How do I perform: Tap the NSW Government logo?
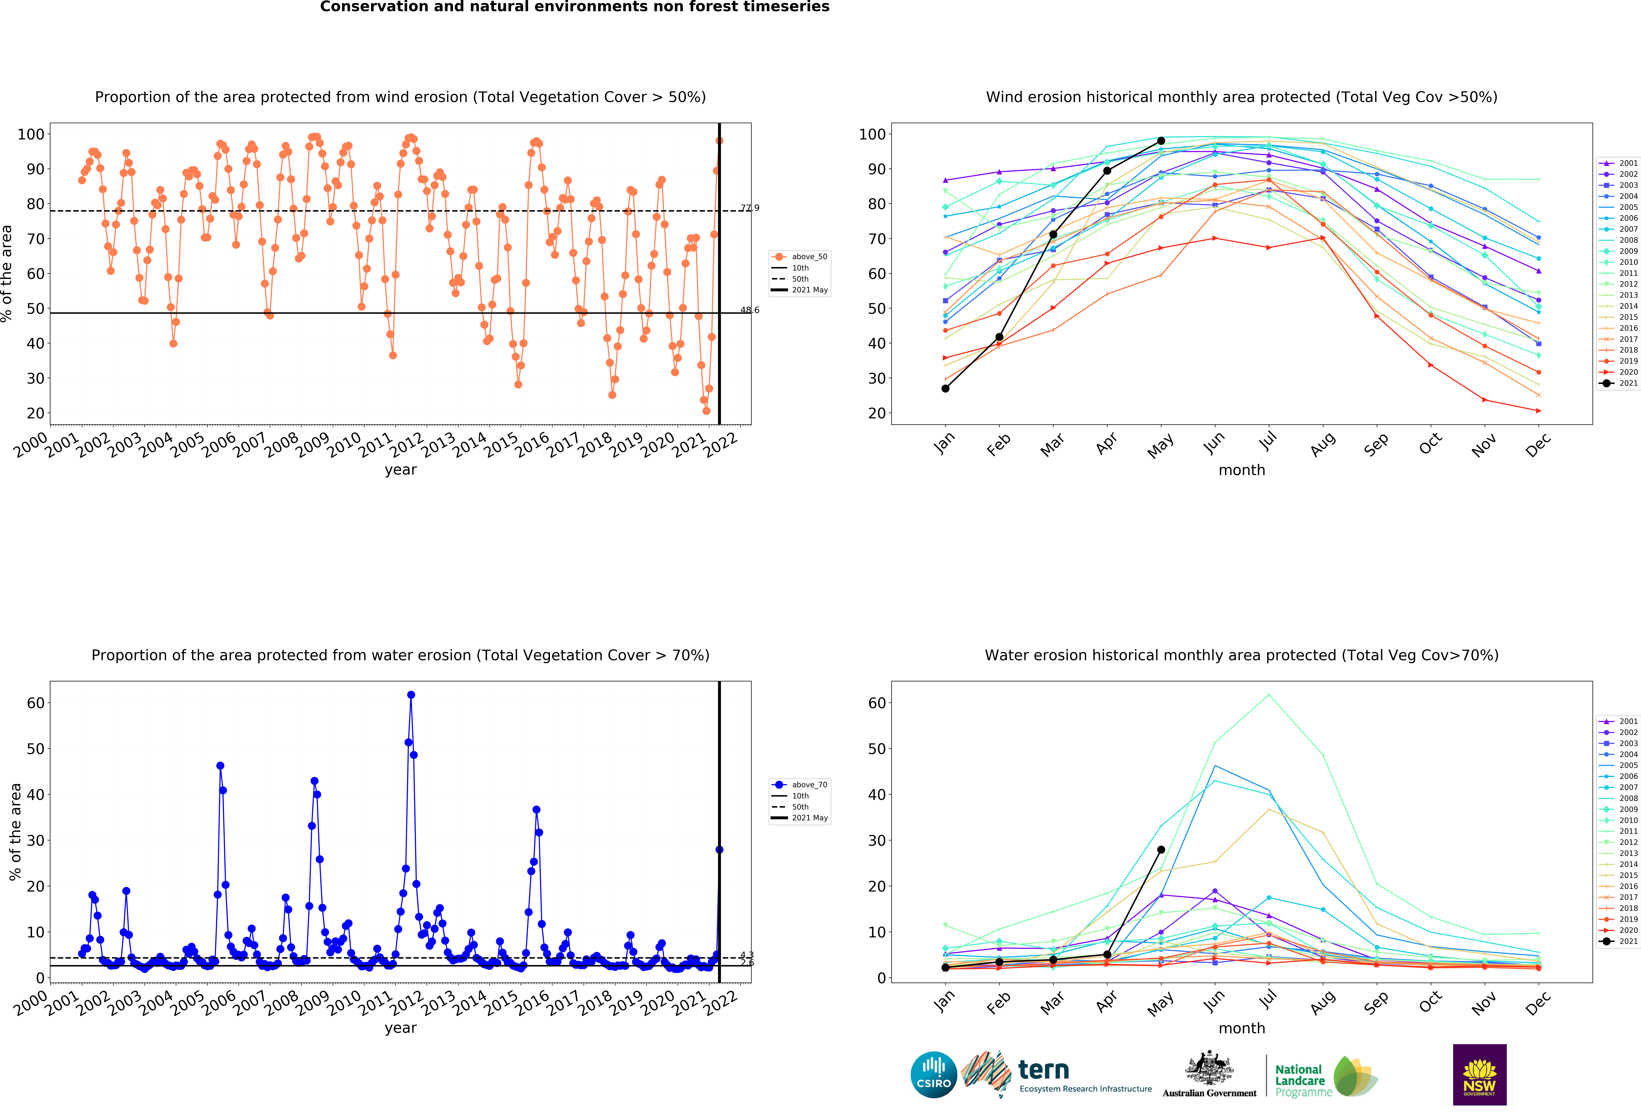point(1479,1074)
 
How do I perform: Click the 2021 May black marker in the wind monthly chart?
point(1161,141)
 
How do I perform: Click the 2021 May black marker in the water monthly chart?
point(1161,850)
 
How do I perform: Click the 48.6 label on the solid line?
point(750,310)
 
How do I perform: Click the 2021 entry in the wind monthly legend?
point(1618,383)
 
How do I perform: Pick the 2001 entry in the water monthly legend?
point(1618,721)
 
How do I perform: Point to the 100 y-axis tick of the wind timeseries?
point(31,134)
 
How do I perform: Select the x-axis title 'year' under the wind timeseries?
point(400,470)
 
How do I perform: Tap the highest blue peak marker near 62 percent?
point(411,695)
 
